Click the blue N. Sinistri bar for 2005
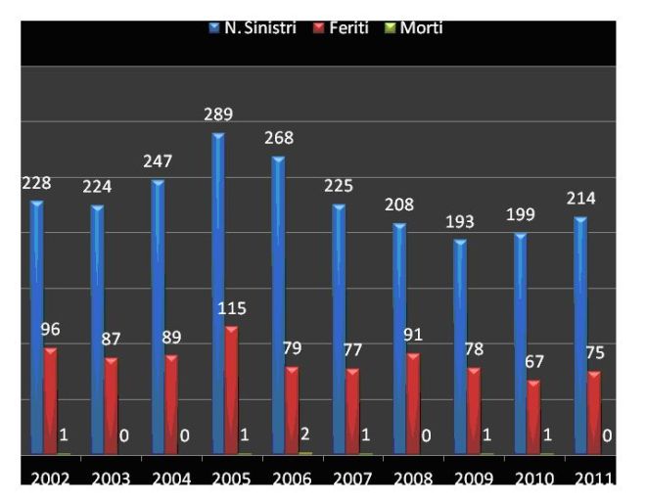click(x=218, y=294)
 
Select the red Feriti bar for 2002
click(x=50, y=400)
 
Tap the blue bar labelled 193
click(x=460, y=346)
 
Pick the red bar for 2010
click(x=533, y=417)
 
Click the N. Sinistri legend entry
click(x=253, y=28)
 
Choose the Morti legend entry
click(x=414, y=28)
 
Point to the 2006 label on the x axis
click(x=293, y=479)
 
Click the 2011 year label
click(x=594, y=479)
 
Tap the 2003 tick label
click(x=111, y=479)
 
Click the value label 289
click(x=217, y=114)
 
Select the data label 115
click(x=232, y=308)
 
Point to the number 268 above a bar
click(x=278, y=138)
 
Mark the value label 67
click(x=533, y=362)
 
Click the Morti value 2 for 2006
click(x=304, y=434)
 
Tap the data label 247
click(x=158, y=161)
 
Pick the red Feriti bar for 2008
click(x=412, y=403)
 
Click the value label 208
click(x=398, y=205)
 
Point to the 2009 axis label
click(x=473, y=479)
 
